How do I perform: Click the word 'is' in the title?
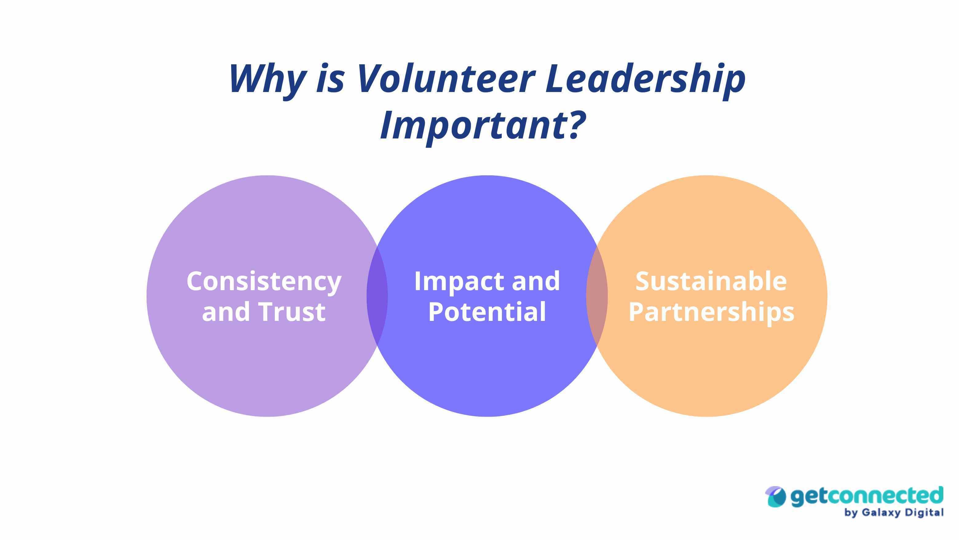(331, 79)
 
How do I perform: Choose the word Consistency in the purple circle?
(264, 282)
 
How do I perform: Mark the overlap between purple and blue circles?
(377, 296)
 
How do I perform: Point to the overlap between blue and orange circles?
(597, 296)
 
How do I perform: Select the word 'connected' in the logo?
(883, 495)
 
